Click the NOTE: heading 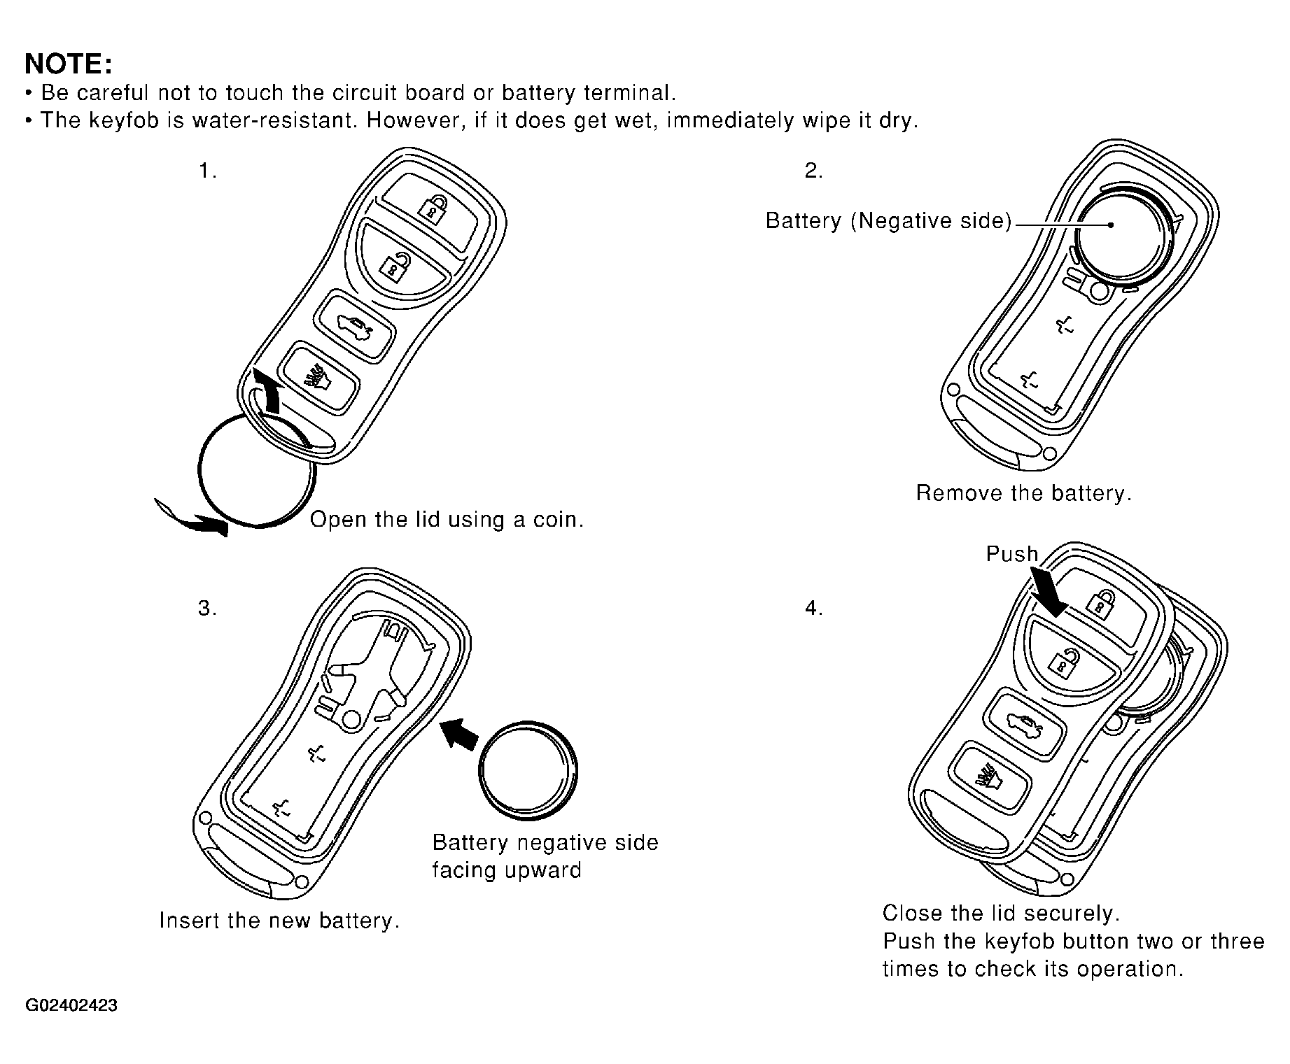[68, 64]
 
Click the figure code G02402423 [71, 1007]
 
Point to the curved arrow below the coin [192, 516]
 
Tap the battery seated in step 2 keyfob [1121, 235]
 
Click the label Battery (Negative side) [888, 221]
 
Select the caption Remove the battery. [1023, 494]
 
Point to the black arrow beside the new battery [458, 734]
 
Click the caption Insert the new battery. [279, 921]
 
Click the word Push [1011, 554]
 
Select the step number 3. [206, 609]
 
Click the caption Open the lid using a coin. [447, 520]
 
